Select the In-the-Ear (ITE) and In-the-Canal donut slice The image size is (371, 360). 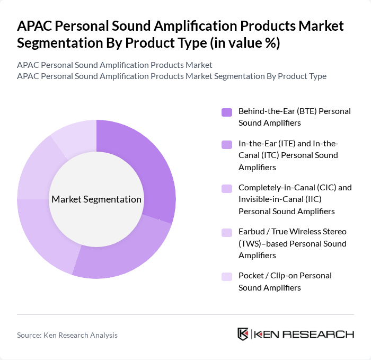pyautogui.click(x=127, y=254)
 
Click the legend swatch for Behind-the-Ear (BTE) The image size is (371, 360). pyautogui.click(x=227, y=112)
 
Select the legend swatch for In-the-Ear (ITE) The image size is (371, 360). pyautogui.click(x=227, y=144)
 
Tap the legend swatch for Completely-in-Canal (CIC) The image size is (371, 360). pyautogui.click(x=227, y=188)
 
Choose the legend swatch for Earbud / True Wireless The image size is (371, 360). pyautogui.click(x=227, y=232)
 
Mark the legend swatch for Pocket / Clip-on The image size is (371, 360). pyautogui.click(x=227, y=276)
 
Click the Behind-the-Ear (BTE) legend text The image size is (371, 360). pyautogui.click(x=295, y=117)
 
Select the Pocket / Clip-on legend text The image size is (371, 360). pyautogui.click(x=285, y=282)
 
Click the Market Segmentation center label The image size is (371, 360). pyautogui.click(x=96, y=199)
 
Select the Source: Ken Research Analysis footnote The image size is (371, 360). pyautogui.click(x=67, y=335)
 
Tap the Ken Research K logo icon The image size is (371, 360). pyautogui.click(x=243, y=334)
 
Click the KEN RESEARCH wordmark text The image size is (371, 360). pyautogui.click(x=304, y=334)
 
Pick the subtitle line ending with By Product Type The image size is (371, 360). pyautogui.click(x=172, y=76)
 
